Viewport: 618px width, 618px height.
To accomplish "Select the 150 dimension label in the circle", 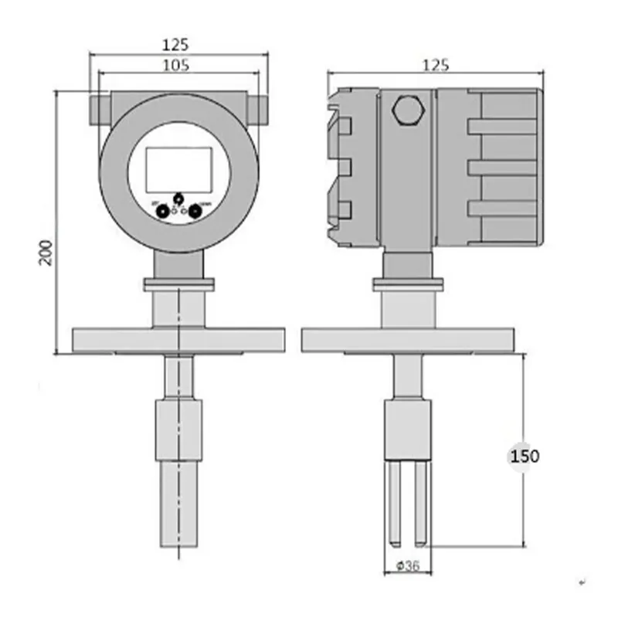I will coord(525,456).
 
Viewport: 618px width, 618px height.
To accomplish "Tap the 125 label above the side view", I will coord(435,65).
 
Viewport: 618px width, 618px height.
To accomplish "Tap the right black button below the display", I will coord(196,209).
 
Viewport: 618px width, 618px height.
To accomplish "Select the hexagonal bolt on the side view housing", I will coord(406,110).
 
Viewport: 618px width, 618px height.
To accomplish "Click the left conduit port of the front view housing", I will coord(98,109).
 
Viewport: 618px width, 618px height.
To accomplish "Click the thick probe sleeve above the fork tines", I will coord(407,430).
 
